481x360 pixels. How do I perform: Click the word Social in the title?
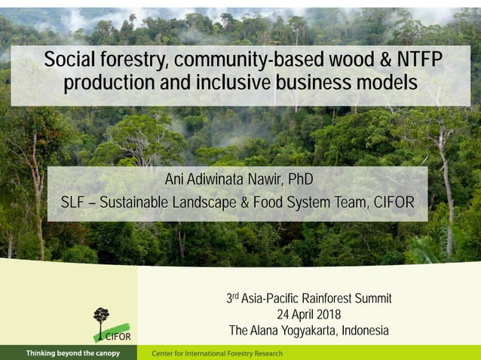pos(72,59)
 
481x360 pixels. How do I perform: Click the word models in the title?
pos(385,84)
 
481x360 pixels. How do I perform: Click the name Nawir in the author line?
pos(265,181)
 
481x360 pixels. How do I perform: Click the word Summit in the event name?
pos(370,299)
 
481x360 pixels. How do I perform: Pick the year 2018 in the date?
pos(329,315)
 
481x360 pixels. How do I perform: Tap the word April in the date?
pos(300,315)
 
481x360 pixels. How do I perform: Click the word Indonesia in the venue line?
pos(365,331)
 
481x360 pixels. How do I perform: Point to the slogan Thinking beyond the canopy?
pos(72,353)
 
